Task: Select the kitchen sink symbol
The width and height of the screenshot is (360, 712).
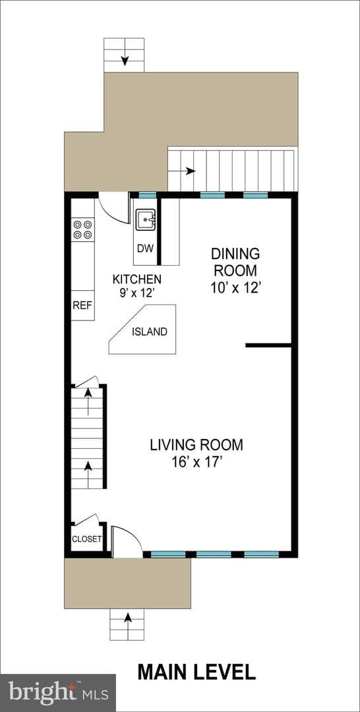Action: click(x=146, y=220)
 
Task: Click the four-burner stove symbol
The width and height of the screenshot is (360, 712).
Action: click(x=82, y=229)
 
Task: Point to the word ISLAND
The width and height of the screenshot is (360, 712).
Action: click(x=150, y=332)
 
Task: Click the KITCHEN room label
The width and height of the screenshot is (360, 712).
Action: click(x=136, y=278)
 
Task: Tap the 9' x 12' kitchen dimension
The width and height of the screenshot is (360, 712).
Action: click(x=136, y=293)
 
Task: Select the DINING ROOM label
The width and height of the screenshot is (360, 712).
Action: click(x=235, y=262)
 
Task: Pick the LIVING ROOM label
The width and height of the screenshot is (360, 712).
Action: click(x=196, y=444)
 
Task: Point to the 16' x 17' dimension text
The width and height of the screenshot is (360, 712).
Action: click(x=197, y=463)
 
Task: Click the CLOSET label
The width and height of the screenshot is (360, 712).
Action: click(x=87, y=539)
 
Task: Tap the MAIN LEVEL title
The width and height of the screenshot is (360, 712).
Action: click(x=196, y=672)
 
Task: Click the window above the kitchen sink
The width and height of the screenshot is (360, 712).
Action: click(x=146, y=195)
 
